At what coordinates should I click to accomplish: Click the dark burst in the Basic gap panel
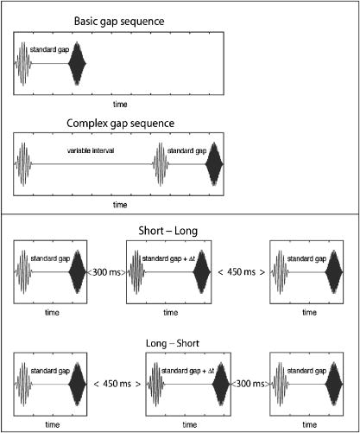(79, 63)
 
